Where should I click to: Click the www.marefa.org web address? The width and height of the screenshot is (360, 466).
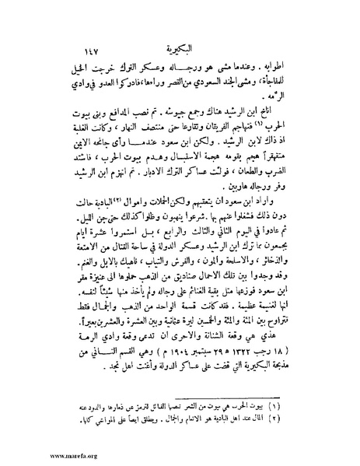[27, 458]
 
